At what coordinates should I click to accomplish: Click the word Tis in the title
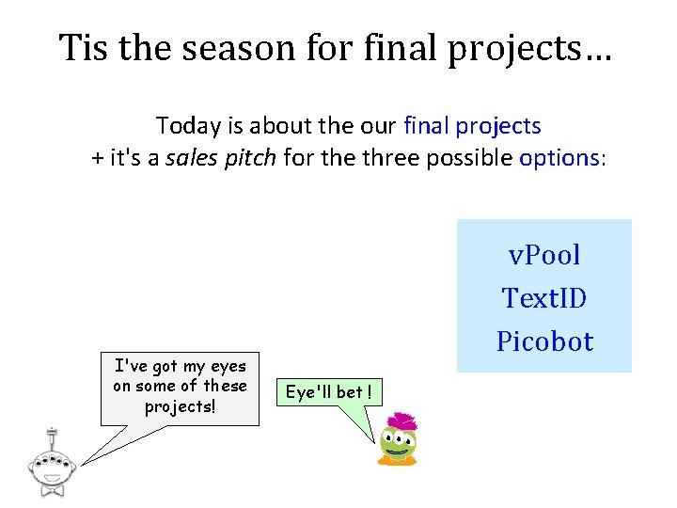pos(83,47)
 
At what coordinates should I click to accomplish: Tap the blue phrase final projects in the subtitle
pos(472,127)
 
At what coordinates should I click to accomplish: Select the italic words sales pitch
pos(221,158)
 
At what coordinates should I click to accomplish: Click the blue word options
pos(559,158)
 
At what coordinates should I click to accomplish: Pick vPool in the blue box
pos(544,254)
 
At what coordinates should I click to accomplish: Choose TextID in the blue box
pos(544,297)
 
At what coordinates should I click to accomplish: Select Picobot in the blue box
pos(544,341)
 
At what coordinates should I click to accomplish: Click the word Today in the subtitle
pos(188,127)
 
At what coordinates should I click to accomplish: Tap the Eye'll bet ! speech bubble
pos(329,392)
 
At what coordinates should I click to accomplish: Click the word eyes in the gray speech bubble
pos(228,367)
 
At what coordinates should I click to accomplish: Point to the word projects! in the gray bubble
pos(180,407)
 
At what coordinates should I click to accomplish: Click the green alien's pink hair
pos(402,421)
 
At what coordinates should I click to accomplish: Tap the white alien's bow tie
pos(53,490)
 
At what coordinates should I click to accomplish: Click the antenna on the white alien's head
pos(52,439)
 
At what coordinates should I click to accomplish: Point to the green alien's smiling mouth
pos(397,452)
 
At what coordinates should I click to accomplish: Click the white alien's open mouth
pos(52,478)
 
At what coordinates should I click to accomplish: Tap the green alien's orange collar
pos(397,460)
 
